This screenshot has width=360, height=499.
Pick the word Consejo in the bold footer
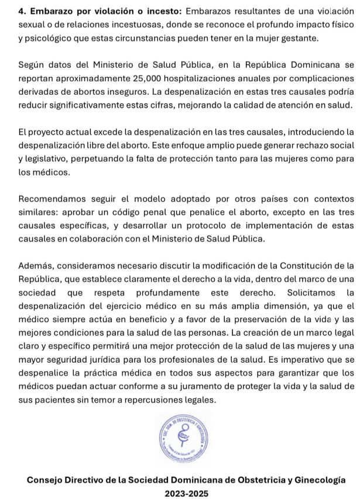[x=47, y=480]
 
